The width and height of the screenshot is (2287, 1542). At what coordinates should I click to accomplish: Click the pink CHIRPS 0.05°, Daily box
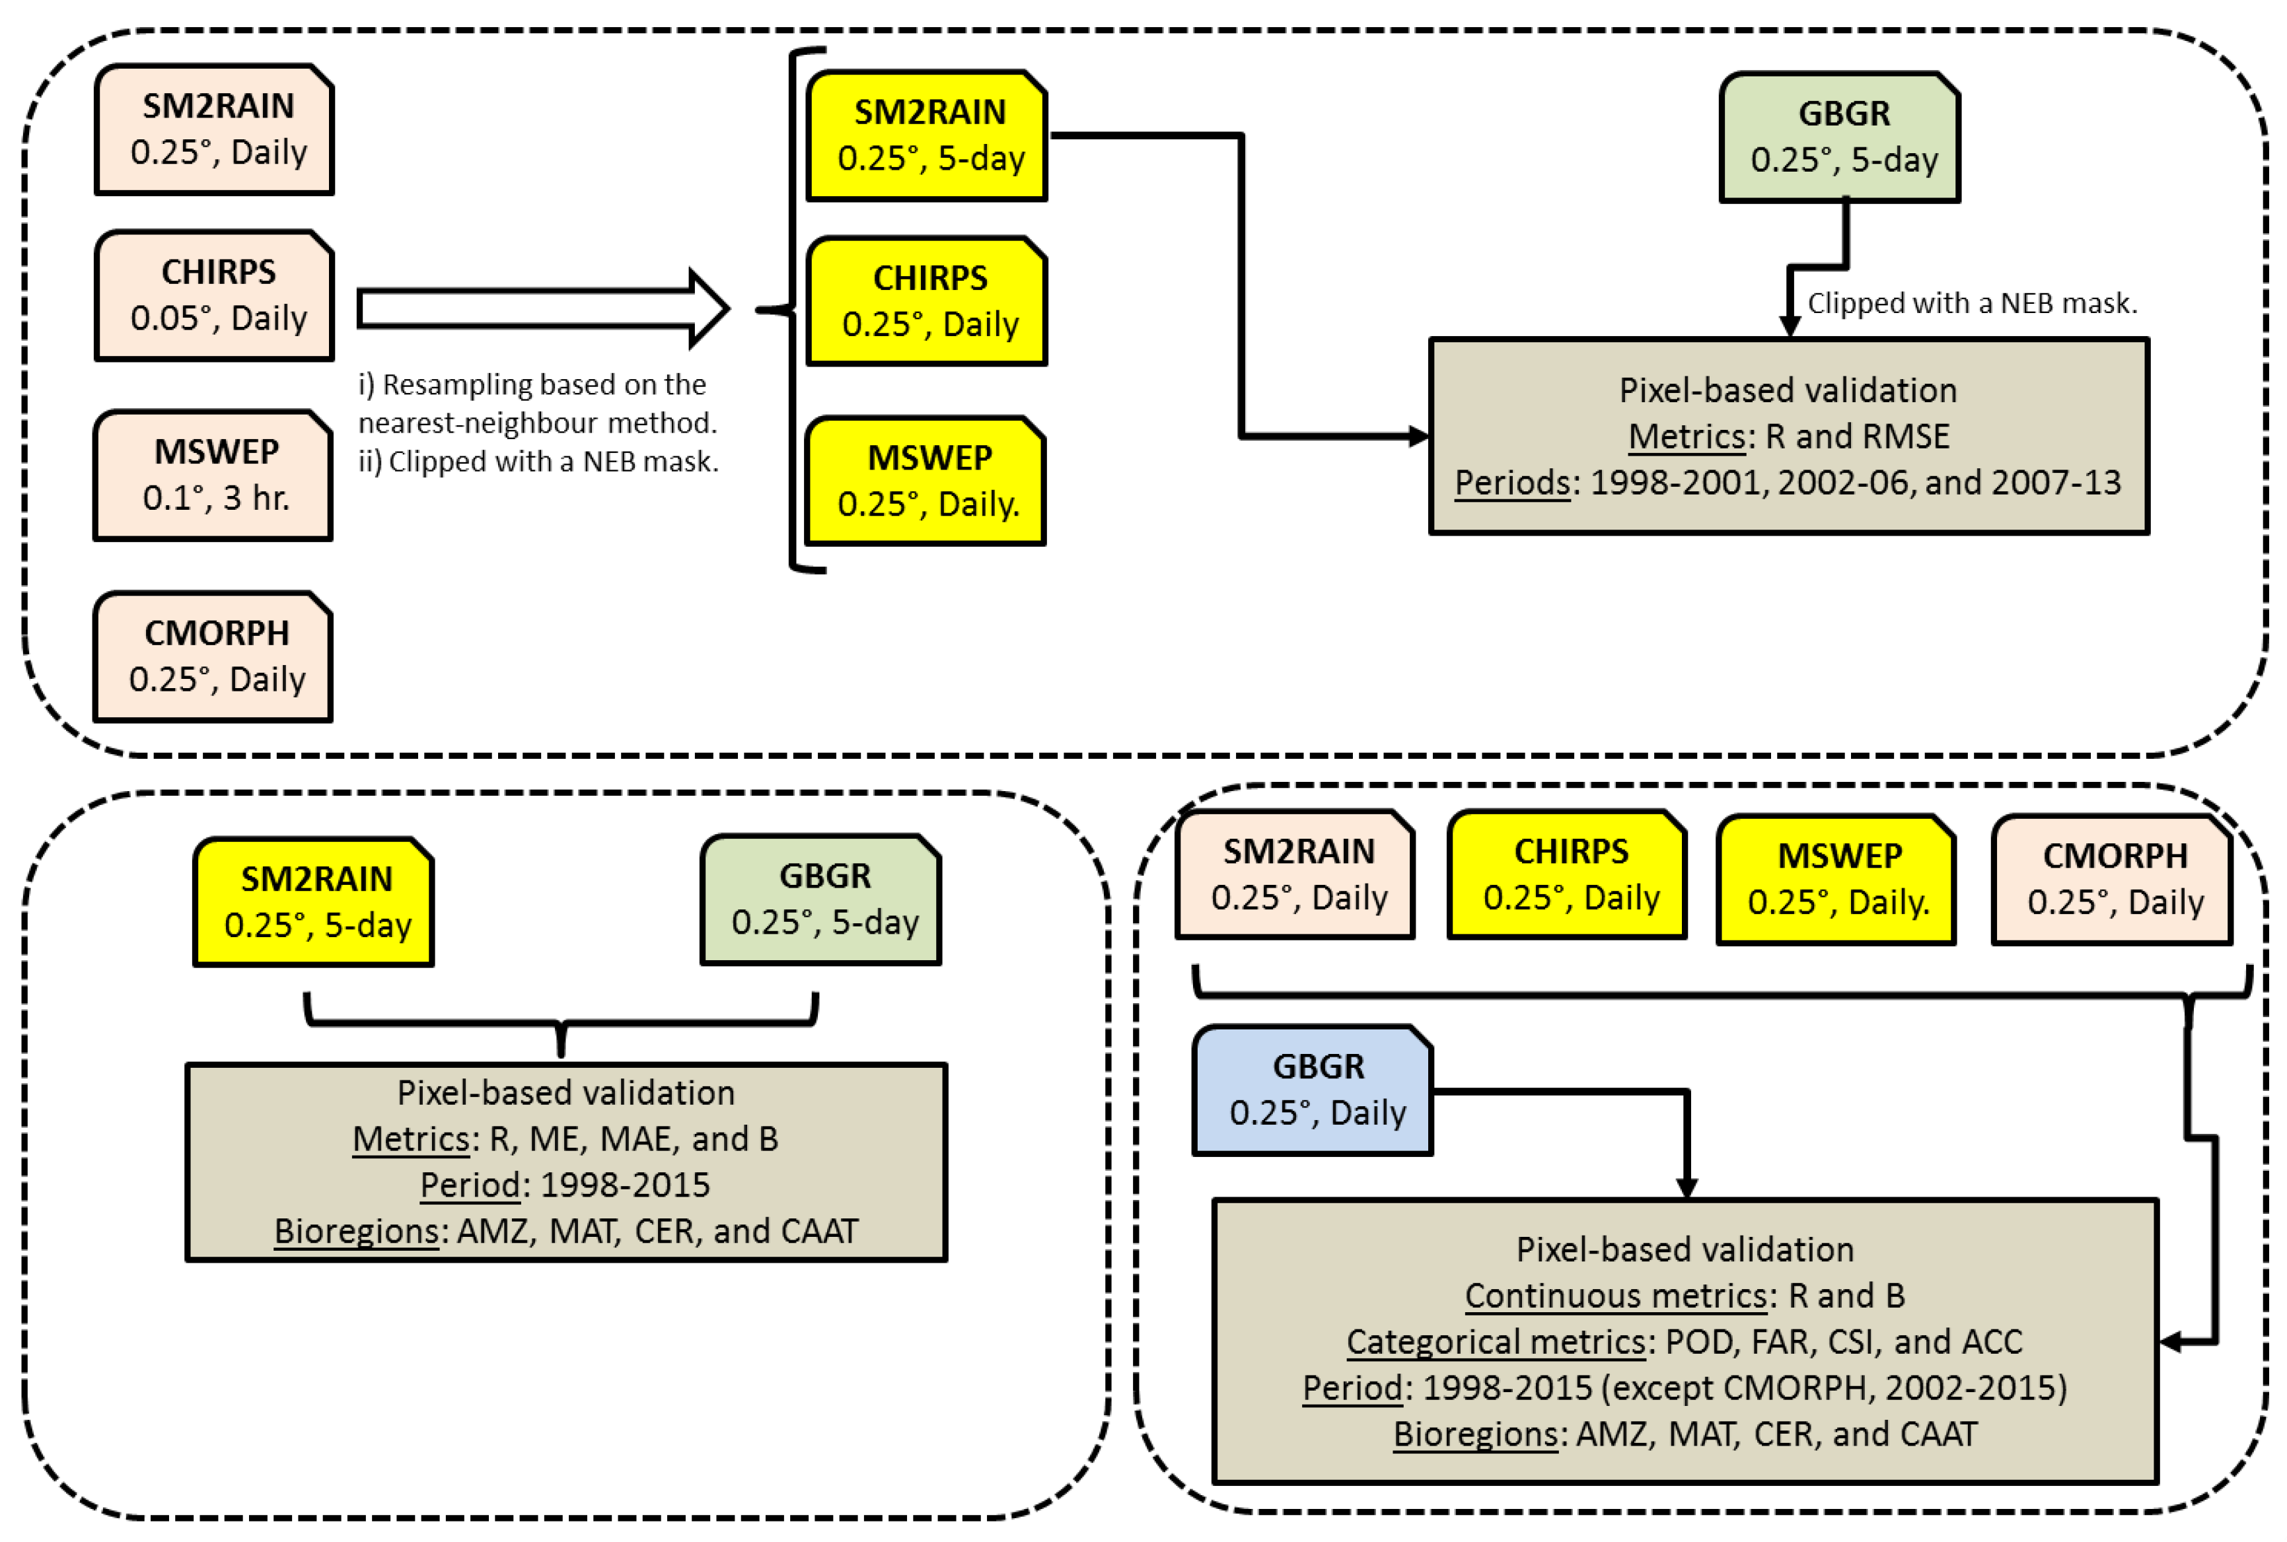pyautogui.click(x=215, y=295)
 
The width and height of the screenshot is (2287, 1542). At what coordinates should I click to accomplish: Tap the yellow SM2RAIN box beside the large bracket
pyautogui.click(x=927, y=136)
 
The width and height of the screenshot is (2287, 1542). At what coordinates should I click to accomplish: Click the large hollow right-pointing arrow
pyautogui.click(x=541, y=309)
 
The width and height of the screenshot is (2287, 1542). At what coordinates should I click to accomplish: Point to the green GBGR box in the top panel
pyautogui.click(x=1839, y=137)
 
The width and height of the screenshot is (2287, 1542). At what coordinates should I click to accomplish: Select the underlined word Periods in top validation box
pyautogui.click(x=1512, y=483)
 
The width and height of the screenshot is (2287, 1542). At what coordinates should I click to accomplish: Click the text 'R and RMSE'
pyautogui.click(x=1856, y=437)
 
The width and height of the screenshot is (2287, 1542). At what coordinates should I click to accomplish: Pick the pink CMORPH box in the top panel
pyautogui.click(x=213, y=656)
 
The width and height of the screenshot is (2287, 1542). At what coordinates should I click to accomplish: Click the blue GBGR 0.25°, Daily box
pyautogui.click(x=1313, y=1090)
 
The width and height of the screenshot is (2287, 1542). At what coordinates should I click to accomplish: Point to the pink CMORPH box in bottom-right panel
pyautogui.click(x=2113, y=878)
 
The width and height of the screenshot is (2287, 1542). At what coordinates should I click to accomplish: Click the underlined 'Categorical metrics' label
pyautogui.click(x=1495, y=1341)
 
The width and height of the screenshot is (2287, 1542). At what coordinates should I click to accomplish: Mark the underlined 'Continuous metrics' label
pyautogui.click(x=1615, y=1295)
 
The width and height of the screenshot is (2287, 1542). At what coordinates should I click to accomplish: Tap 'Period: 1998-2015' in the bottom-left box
pyautogui.click(x=565, y=1184)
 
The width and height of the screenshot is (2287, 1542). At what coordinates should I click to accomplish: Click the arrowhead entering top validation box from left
pyautogui.click(x=1418, y=436)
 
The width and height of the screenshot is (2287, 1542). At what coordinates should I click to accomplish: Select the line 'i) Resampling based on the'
pyautogui.click(x=532, y=384)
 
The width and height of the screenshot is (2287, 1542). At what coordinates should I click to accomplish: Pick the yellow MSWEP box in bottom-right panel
pyautogui.click(x=1836, y=878)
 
